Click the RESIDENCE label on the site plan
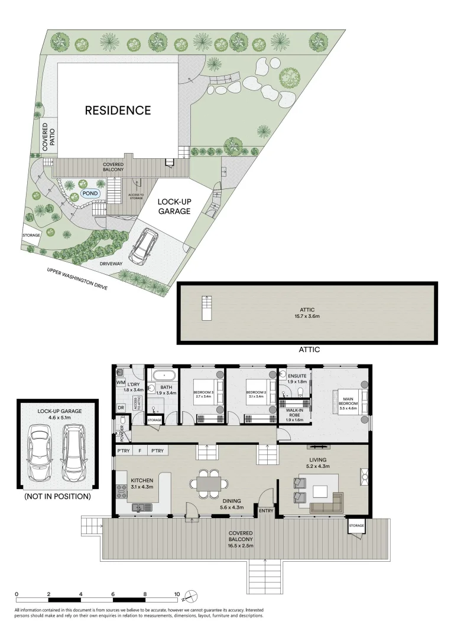pyautogui.click(x=118, y=110)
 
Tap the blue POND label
pyautogui.click(x=90, y=193)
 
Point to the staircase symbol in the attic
pyautogui.click(x=206, y=307)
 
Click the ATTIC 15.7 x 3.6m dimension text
pyautogui.click(x=307, y=313)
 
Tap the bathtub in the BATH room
pyautogui.click(x=163, y=375)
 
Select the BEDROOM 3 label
pyautogui.click(x=203, y=395)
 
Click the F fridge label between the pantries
pyautogui.click(x=139, y=451)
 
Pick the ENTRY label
pyautogui.click(x=265, y=510)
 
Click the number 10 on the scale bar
pyautogui.click(x=177, y=594)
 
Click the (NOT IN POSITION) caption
pyautogui.click(x=57, y=497)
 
